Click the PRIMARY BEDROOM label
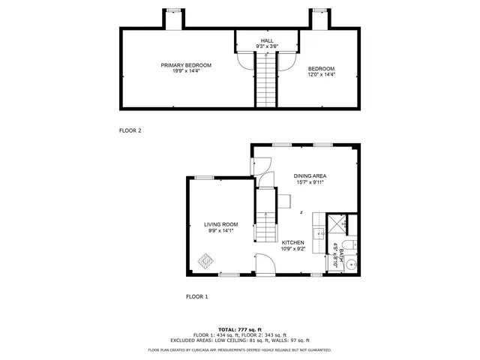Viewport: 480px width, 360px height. point(186,65)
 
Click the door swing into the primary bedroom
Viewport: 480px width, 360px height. point(244,60)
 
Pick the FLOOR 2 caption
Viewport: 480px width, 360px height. point(130,130)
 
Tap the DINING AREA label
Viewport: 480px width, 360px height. point(310,176)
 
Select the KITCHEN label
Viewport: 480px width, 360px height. point(292,242)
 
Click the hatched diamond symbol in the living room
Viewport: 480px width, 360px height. point(205,260)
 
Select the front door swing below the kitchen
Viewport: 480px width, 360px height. point(265,263)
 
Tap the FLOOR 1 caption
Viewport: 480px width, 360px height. point(197,297)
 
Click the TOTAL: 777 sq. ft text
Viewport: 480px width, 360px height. point(240,329)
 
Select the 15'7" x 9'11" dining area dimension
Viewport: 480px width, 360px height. point(310,183)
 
